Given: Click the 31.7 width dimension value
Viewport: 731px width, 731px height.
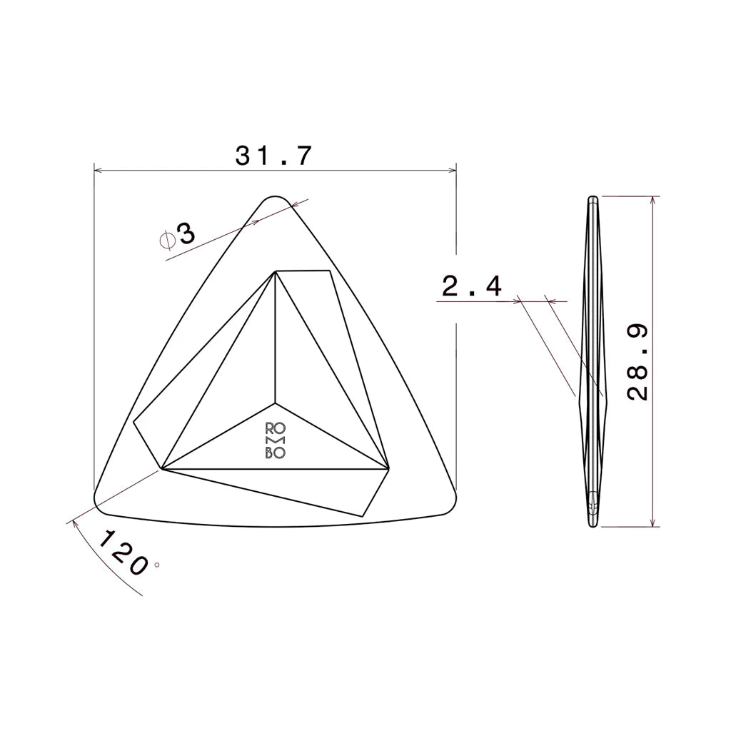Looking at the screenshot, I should [x=273, y=156].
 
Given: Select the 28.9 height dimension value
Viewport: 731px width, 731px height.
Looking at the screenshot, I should [x=638, y=362].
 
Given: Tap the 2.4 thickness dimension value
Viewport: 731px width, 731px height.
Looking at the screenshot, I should [x=472, y=287].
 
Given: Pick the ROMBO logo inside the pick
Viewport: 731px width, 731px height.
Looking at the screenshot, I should [x=276, y=440].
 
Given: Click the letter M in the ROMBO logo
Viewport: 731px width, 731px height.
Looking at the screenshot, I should [x=276, y=440].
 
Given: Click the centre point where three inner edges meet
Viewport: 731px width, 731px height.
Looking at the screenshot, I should [x=275, y=402].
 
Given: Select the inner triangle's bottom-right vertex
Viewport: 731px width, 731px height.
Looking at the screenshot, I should [x=389, y=469].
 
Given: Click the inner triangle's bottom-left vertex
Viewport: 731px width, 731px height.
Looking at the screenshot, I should [x=162, y=469].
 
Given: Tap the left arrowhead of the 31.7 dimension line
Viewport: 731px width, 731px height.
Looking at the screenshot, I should [x=98, y=171].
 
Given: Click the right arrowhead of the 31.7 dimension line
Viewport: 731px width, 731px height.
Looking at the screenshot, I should [x=453, y=171].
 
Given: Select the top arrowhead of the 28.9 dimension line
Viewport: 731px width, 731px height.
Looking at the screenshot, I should [x=653, y=199].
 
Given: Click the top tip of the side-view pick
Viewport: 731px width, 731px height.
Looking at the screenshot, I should [x=592, y=198].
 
